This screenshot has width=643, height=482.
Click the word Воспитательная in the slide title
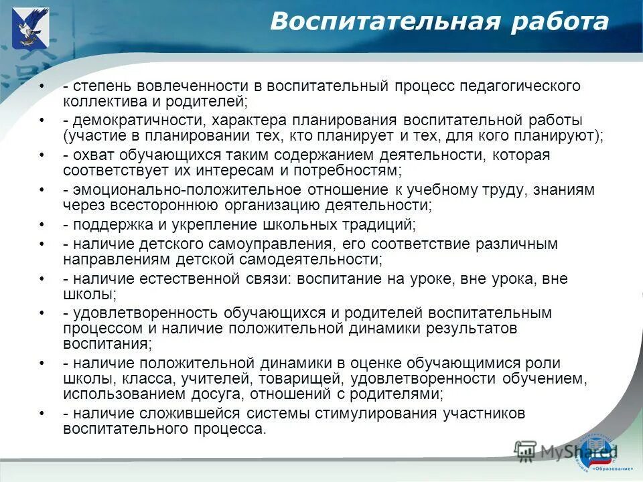click(384, 22)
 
